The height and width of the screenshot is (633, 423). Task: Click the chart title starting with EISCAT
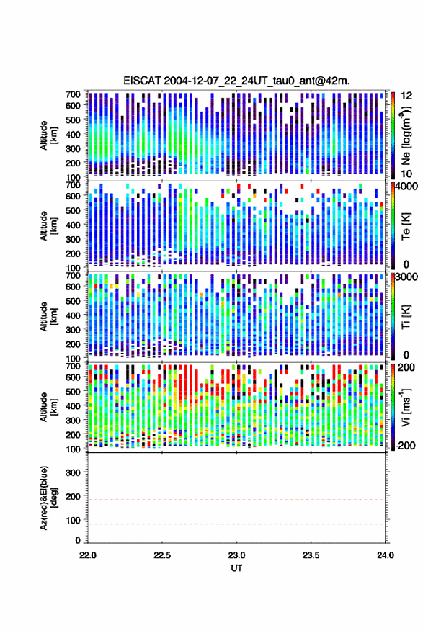point(237,81)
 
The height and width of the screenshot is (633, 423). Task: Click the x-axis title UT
point(237,568)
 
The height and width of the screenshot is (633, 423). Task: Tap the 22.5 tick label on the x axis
point(162,555)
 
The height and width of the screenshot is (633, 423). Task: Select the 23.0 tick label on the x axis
point(237,555)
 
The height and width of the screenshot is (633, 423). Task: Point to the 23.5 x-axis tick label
point(311,555)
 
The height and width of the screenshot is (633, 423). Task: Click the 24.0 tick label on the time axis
point(385,555)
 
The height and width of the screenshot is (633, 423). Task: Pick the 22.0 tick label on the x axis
point(88,555)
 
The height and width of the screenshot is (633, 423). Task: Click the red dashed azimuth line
point(237,500)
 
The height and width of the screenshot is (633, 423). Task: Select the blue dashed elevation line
point(237,524)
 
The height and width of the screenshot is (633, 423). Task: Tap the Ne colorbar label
point(406,135)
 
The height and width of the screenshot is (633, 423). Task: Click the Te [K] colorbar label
point(406,226)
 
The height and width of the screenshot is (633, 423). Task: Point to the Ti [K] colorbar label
point(406,317)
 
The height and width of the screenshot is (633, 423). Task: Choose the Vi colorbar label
point(406,407)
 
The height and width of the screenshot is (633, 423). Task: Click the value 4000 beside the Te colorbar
point(406,187)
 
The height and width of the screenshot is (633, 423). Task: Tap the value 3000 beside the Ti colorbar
point(406,277)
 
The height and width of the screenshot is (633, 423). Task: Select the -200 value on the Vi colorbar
point(405,445)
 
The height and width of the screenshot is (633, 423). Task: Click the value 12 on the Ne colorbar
point(406,96)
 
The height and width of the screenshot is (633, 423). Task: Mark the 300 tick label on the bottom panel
point(73,472)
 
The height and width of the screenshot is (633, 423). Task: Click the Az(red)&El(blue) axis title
point(48,498)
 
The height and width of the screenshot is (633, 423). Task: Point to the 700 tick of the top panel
point(73,94)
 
